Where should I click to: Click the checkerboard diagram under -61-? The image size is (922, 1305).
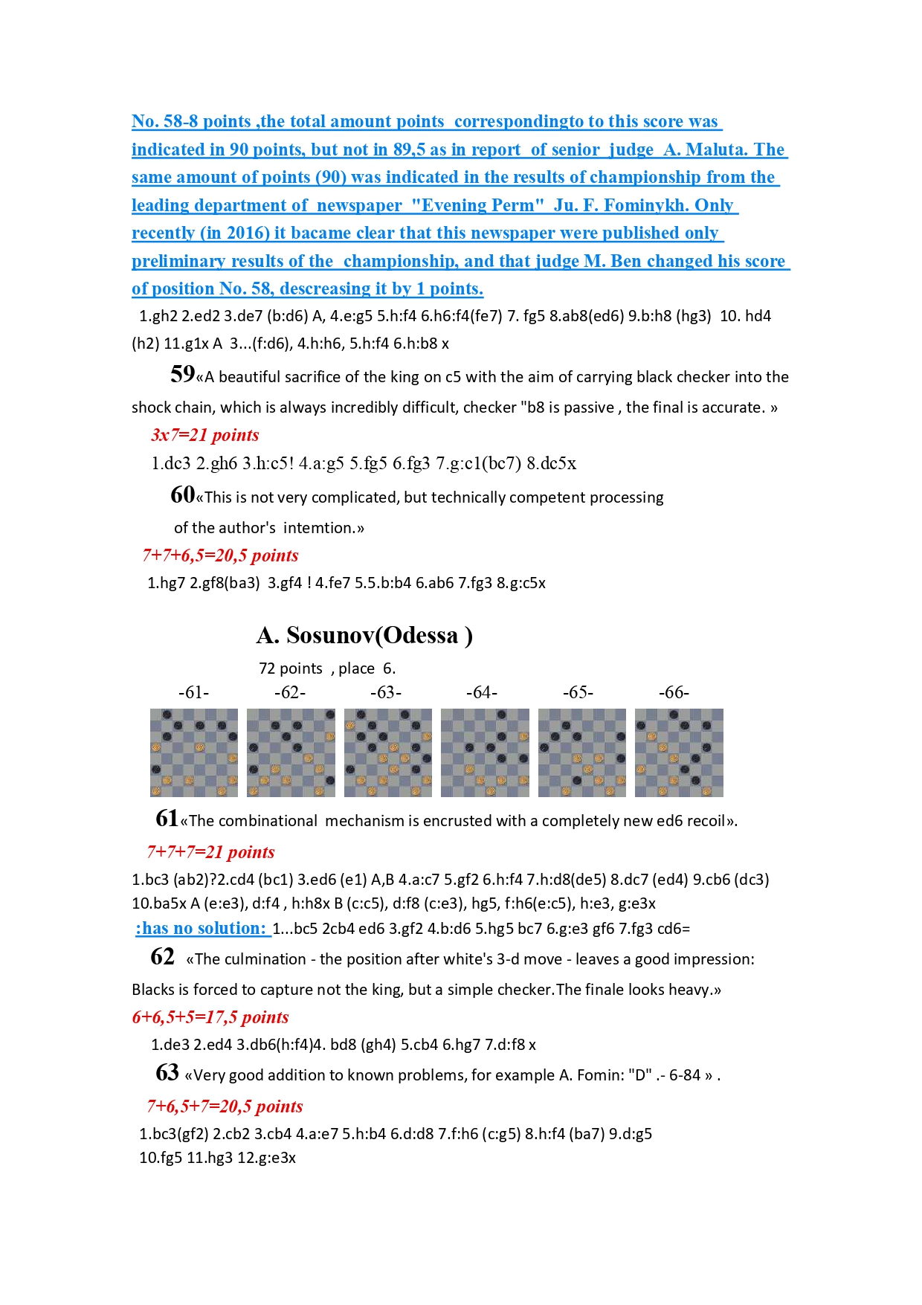tap(194, 753)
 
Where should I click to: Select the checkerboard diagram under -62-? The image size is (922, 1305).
tap(291, 753)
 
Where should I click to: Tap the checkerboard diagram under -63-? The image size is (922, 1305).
tap(387, 753)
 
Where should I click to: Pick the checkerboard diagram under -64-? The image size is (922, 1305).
tap(485, 753)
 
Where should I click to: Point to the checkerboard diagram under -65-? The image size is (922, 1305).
tap(582, 753)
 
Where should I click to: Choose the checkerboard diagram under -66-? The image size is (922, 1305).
tap(679, 753)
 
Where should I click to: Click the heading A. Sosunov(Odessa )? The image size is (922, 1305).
tap(364, 635)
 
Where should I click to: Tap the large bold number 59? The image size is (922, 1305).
tap(182, 373)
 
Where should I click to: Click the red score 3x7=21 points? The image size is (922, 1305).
tap(204, 435)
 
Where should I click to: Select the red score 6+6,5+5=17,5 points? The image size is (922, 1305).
tap(210, 1017)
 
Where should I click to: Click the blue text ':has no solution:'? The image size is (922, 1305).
tap(202, 928)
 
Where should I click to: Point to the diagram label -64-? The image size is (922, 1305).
tap(482, 692)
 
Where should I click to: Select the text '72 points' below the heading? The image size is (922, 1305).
tap(291, 668)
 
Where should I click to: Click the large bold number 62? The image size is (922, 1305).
tap(162, 956)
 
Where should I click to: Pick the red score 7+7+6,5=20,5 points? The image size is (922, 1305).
tap(221, 555)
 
